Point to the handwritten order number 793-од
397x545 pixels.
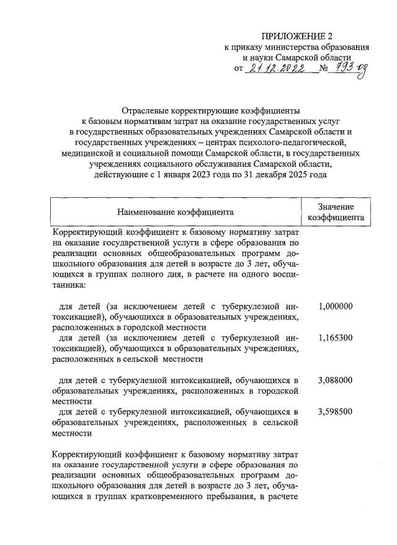(350, 69)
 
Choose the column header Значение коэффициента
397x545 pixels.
(336, 212)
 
